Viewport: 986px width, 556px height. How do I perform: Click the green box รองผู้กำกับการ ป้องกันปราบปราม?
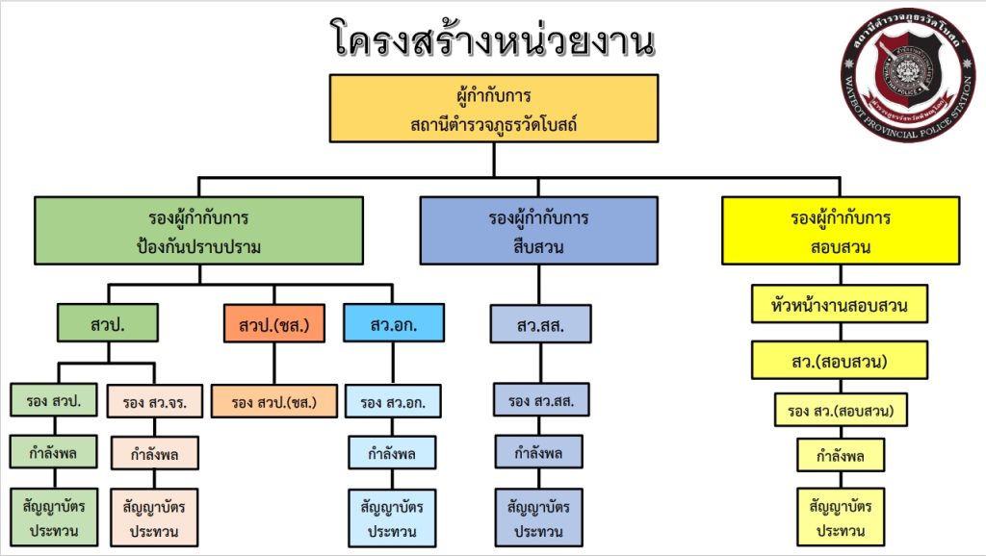(x=199, y=231)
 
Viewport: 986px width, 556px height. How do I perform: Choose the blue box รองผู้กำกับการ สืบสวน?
(x=538, y=231)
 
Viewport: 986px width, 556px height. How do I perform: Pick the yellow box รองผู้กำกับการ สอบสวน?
(x=841, y=231)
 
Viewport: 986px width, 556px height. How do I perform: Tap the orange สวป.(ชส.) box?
(x=274, y=323)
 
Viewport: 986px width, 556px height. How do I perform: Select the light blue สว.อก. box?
(x=394, y=323)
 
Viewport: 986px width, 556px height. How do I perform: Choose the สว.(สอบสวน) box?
(x=841, y=360)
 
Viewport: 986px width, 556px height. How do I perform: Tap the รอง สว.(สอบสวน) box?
(x=841, y=411)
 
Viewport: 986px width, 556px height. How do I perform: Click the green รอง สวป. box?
(x=54, y=400)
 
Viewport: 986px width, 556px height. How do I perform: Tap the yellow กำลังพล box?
(x=841, y=455)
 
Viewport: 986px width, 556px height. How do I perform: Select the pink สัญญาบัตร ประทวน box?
(x=155, y=517)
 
